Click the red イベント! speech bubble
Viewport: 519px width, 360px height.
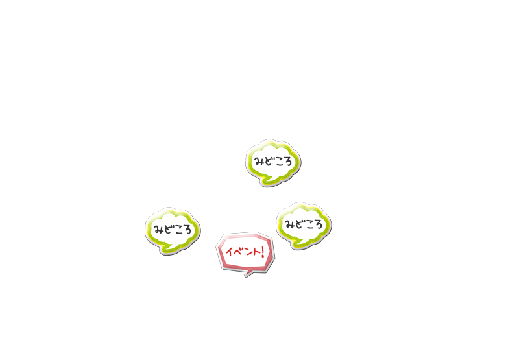coord(245,253)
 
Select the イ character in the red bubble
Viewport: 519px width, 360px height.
coord(229,252)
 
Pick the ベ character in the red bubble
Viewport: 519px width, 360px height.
coord(237,252)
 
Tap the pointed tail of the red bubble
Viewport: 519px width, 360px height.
coord(247,274)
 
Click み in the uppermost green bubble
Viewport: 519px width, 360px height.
coord(259,161)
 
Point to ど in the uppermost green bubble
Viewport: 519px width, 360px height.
coord(268,161)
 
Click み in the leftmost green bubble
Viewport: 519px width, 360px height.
coord(158,229)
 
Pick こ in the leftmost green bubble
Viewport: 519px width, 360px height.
coord(177,230)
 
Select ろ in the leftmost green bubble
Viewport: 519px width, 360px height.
coord(187,230)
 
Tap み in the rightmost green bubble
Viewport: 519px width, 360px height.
coord(290,224)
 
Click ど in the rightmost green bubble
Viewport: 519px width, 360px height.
coord(299,224)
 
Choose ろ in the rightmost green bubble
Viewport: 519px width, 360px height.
coord(318,225)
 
